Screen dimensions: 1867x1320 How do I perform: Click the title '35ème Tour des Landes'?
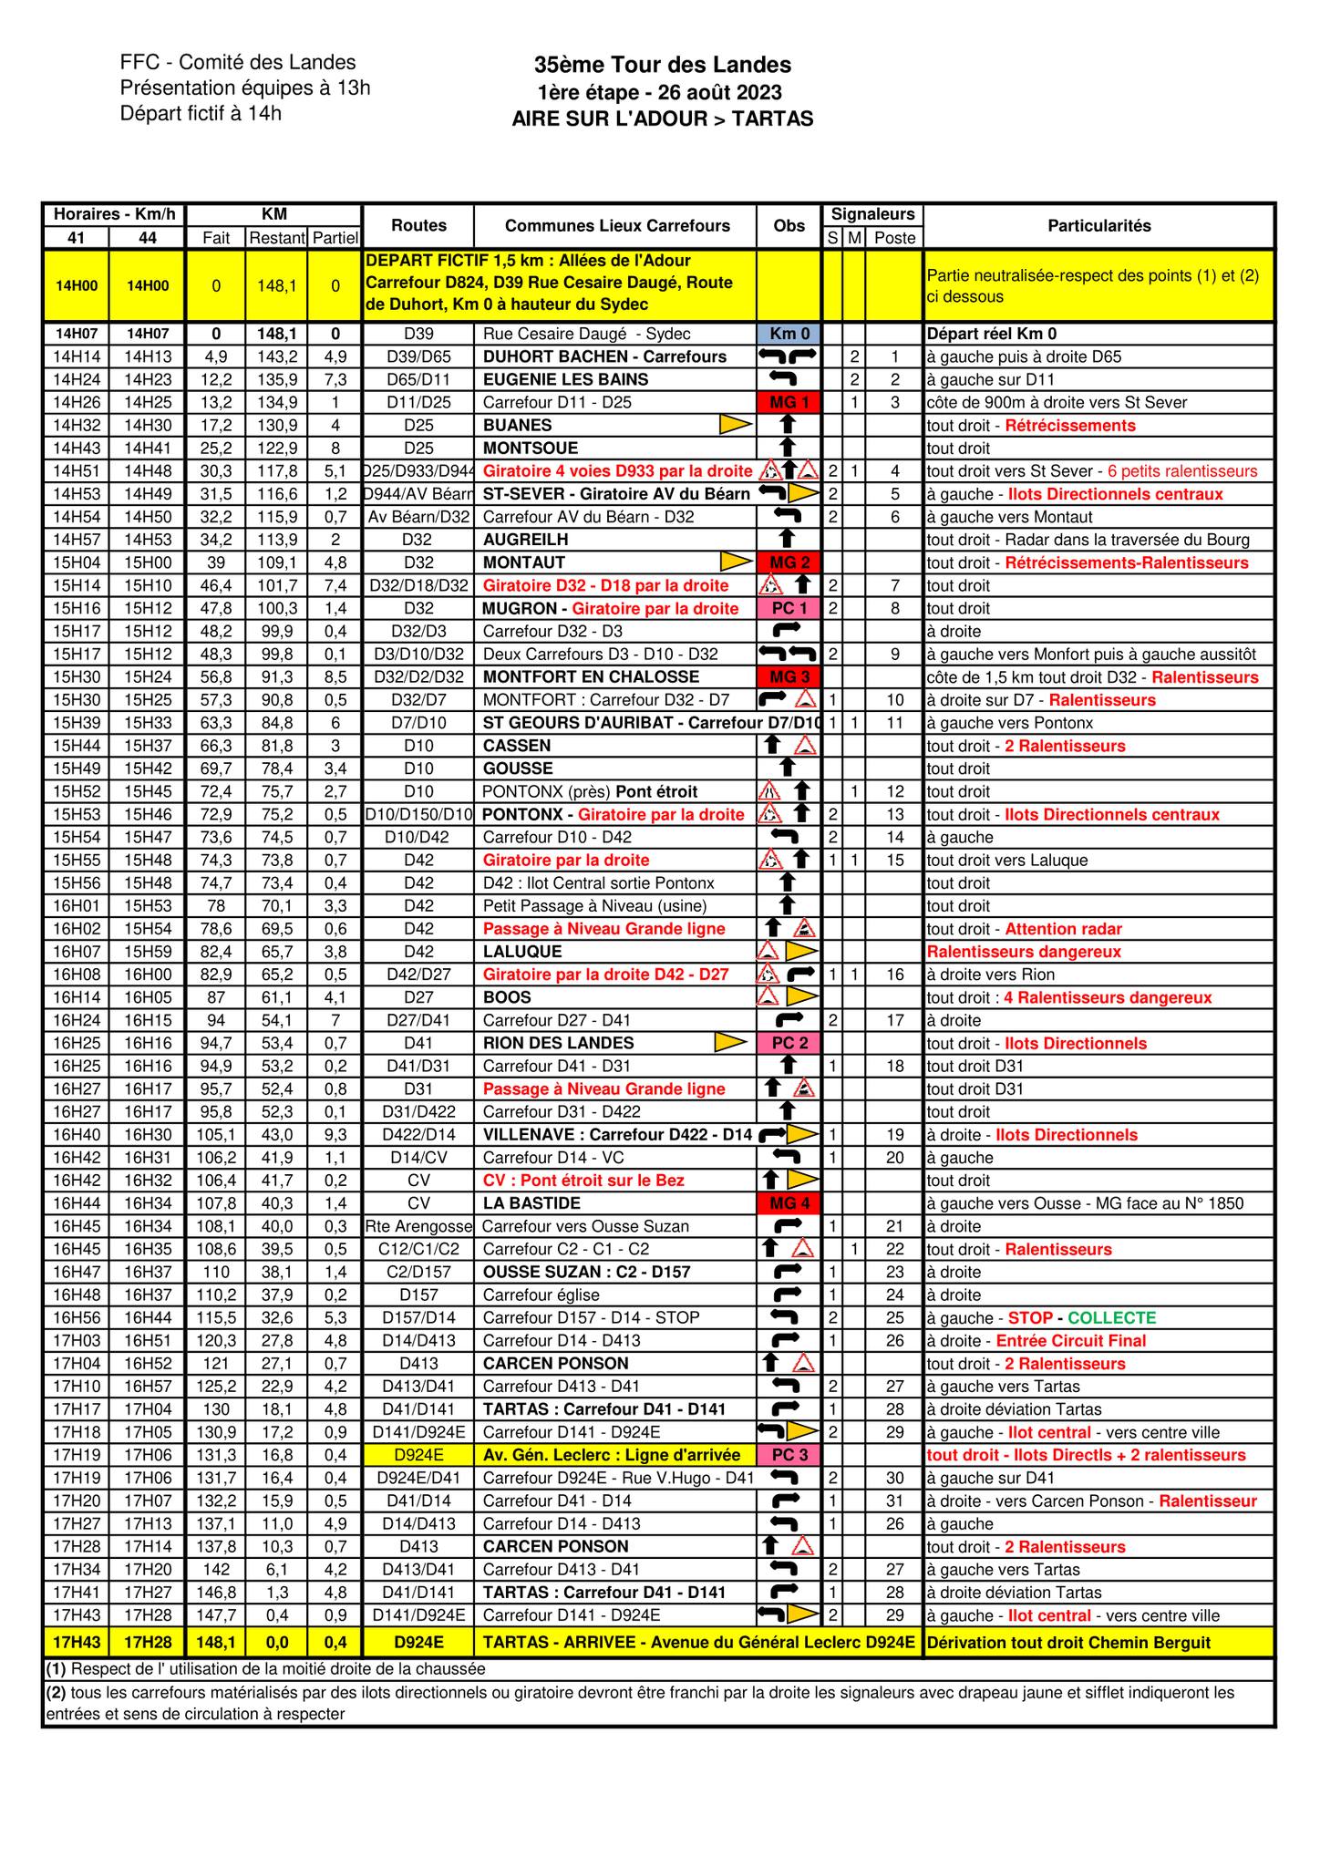662,65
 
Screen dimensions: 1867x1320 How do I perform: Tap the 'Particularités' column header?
1098,226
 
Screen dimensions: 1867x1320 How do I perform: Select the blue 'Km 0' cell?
789,334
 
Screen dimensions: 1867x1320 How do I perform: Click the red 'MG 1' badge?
789,402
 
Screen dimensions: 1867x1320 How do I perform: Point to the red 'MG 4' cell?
789,1203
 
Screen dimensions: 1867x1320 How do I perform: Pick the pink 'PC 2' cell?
789,1043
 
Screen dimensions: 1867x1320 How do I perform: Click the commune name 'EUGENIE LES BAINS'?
565,379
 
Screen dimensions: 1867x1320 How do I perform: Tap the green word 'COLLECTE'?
1111,1317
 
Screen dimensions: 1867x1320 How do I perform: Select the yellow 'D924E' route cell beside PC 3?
418,1455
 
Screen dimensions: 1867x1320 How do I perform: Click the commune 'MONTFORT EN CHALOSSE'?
591,676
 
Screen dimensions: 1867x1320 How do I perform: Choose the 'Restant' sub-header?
276,238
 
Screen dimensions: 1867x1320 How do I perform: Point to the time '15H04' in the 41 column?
76,562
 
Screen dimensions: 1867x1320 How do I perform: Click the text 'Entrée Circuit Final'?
1070,1340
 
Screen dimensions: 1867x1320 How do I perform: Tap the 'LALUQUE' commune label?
522,951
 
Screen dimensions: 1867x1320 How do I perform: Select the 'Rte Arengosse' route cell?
418,1226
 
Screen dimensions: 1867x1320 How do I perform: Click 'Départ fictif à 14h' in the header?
201,113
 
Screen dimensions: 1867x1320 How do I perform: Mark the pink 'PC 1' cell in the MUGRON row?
789,608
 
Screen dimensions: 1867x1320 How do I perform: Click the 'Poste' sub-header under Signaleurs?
894,238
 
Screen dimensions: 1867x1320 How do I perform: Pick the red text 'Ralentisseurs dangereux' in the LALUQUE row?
1024,951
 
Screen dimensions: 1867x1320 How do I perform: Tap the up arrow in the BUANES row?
789,425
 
